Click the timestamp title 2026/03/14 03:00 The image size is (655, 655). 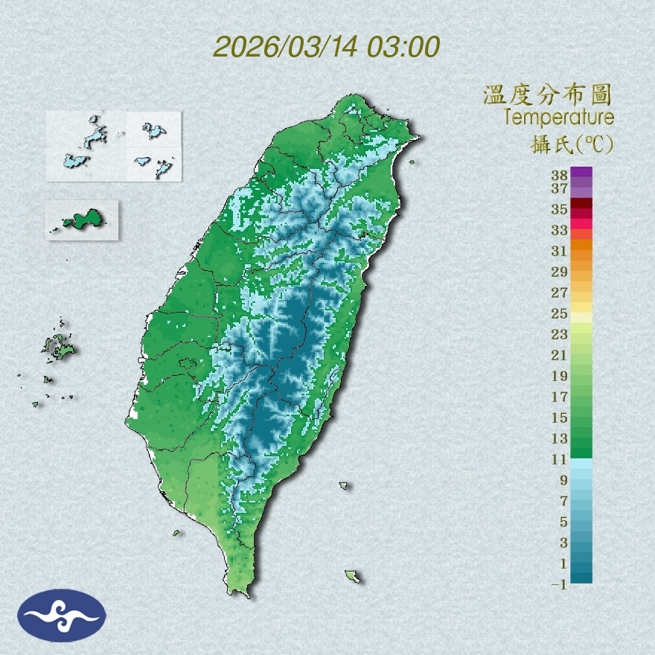click(327, 46)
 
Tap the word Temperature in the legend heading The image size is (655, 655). click(558, 118)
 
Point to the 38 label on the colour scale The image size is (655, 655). click(560, 176)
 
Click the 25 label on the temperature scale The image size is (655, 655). click(560, 313)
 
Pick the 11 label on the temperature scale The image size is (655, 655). click(560, 459)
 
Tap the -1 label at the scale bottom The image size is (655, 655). click(560, 584)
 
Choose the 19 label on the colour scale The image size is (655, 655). click(560, 376)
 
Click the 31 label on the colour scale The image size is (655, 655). click(560, 250)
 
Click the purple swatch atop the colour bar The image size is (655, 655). click(582, 172)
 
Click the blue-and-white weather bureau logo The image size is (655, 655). click(62, 616)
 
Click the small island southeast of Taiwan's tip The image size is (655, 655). click(353, 575)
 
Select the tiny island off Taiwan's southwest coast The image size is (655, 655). click(176, 532)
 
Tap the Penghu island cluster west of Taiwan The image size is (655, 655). click(58, 346)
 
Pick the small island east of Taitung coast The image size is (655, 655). click(344, 485)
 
